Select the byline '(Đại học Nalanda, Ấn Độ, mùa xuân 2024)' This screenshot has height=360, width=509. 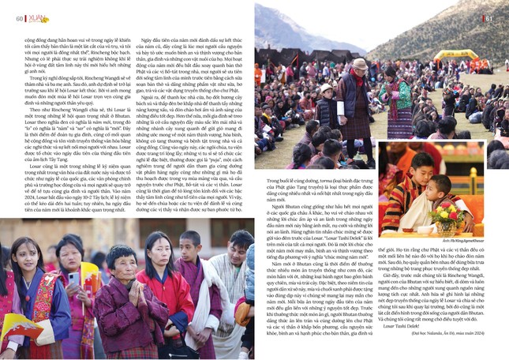[442, 354]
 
